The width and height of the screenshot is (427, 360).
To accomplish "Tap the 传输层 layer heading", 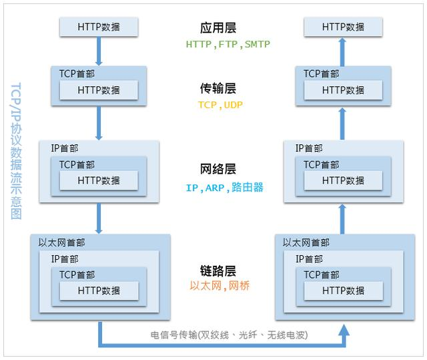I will pos(218,88).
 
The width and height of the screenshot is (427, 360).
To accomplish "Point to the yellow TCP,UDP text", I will pos(218,105).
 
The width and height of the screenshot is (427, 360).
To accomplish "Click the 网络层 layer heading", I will pos(218,170).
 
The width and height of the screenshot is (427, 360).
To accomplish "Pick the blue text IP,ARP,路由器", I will pos(224,188).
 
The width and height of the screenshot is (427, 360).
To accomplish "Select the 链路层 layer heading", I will pos(218,271).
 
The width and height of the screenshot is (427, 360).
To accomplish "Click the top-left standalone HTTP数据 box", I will pos(99,27).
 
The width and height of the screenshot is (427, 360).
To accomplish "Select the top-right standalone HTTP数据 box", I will pos(343,27).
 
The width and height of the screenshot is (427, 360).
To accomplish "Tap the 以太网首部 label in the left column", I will pos(62,242).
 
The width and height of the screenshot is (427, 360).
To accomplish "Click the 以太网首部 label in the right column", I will pos(306,242).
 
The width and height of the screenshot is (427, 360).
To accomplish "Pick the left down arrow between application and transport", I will pos(99,51).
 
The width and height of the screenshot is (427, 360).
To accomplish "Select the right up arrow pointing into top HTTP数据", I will pos(343,51).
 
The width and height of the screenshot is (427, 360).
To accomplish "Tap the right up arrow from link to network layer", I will pos(343,217).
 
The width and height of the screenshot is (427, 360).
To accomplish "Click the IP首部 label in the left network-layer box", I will pos(65,148).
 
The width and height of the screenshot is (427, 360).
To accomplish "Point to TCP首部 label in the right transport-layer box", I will pos(321,73).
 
